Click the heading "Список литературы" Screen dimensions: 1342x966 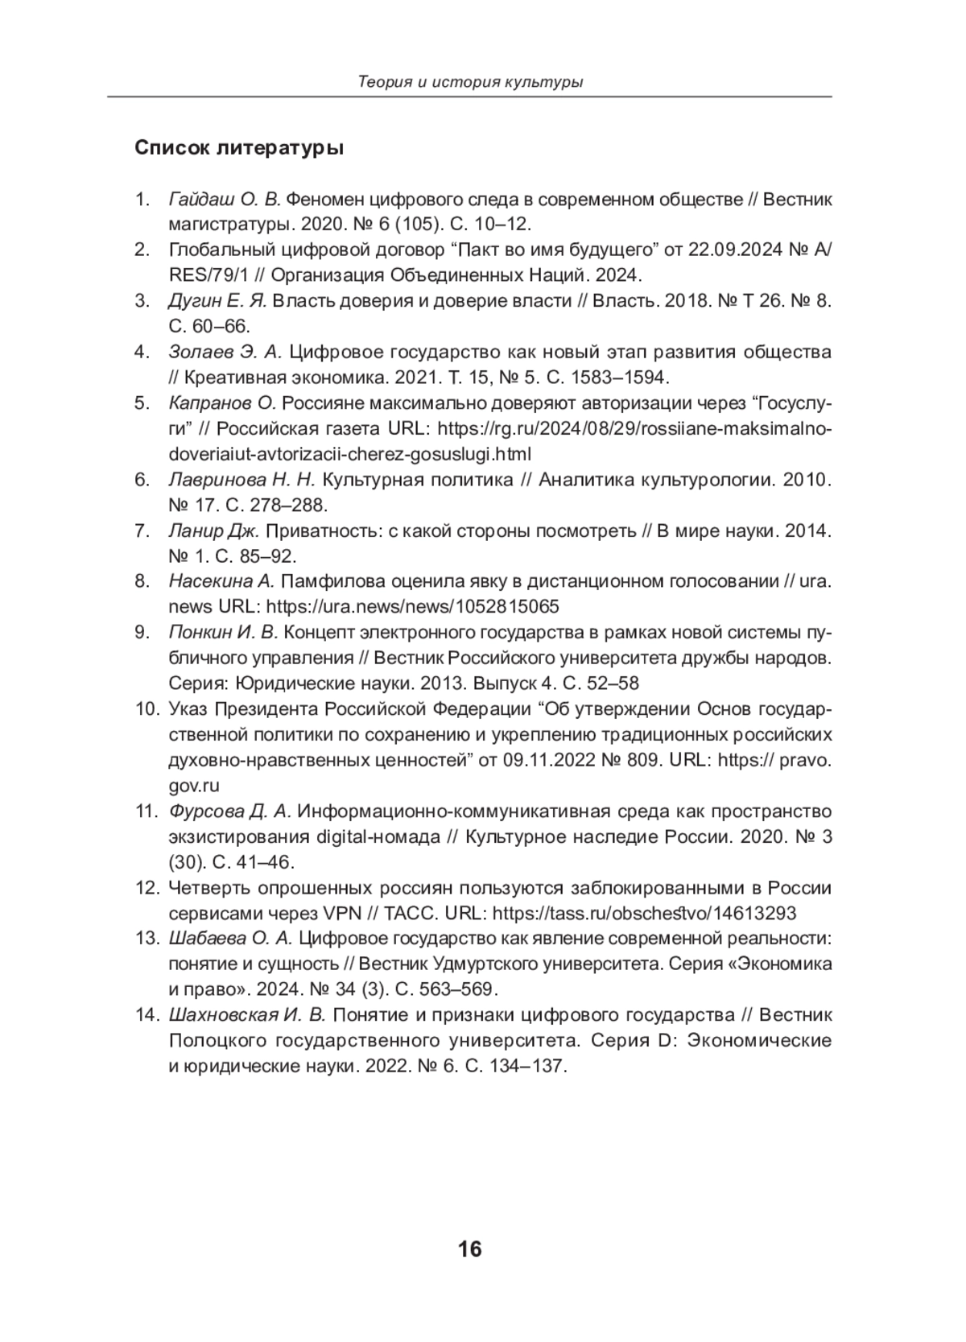click(x=239, y=149)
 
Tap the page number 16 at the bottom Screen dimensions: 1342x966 click(x=469, y=1249)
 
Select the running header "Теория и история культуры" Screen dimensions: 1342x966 click(x=470, y=82)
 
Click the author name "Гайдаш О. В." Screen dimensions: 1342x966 click(x=225, y=199)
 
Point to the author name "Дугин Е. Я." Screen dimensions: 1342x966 click(x=217, y=301)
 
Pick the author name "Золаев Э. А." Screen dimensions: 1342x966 click(x=225, y=352)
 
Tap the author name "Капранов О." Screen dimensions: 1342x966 click(x=223, y=403)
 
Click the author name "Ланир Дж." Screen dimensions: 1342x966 click(x=214, y=531)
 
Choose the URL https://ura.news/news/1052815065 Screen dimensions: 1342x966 click(x=412, y=606)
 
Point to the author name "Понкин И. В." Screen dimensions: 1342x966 click(x=223, y=632)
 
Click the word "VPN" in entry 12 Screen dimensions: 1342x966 click(x=342, y=913)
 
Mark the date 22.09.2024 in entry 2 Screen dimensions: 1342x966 click(x=735, y=250)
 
